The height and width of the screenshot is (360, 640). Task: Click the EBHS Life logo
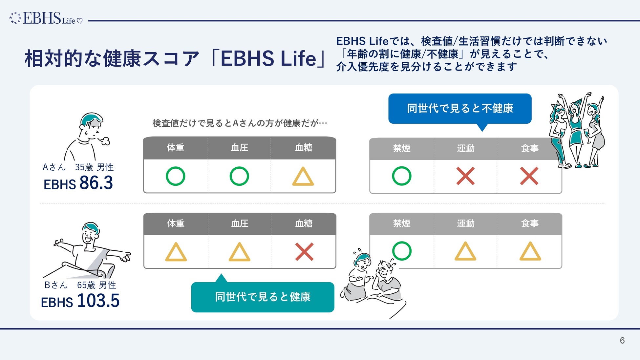coord(46,18)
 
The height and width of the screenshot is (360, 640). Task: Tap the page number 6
coord(622,341)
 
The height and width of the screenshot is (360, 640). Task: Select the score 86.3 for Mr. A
coord(96,183)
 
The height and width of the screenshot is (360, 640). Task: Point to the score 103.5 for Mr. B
coord(98,301)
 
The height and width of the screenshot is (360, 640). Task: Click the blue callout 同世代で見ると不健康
coord(459,109)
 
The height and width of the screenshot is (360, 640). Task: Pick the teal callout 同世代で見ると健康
coord(263,297)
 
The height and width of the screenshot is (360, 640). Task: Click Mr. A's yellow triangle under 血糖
coord(303,177)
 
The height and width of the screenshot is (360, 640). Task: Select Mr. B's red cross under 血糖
coord(304,252)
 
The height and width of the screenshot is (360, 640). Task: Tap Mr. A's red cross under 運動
coord(465,176)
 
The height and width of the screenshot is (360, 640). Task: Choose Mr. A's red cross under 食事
coord(529,176)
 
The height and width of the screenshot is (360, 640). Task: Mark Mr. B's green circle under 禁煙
coord(401,251)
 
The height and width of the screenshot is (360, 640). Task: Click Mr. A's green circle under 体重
coord(176,176)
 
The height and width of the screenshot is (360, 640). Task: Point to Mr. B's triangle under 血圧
coord(240,252)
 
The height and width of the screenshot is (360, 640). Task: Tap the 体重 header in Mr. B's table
coord(176,224)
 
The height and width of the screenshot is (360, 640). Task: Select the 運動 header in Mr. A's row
coord(465,149)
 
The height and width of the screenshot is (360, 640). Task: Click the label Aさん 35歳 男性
coord(78,167)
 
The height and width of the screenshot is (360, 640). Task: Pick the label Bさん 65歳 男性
coord(80,285)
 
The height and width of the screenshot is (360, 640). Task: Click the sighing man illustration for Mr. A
coord(87,137)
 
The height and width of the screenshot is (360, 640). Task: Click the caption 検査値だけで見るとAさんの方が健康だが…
coord(240,123)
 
